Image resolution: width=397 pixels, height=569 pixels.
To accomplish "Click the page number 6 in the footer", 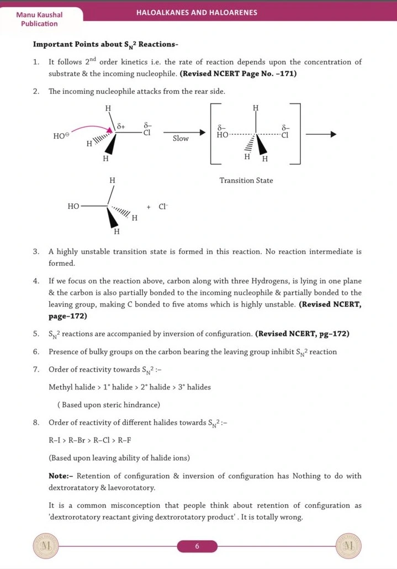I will pos(197,546).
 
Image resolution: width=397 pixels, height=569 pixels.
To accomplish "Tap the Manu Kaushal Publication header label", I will pos(39,19).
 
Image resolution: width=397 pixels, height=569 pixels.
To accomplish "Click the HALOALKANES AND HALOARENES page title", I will pos(197,12).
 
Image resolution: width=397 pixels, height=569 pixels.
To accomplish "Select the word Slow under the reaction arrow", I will pos(181,138).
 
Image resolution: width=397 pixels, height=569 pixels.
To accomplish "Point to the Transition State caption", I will pos(246,181).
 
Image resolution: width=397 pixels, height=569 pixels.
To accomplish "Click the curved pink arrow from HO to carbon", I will pos(91,128).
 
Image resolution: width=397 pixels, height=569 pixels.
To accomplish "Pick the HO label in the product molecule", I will pos(73,207).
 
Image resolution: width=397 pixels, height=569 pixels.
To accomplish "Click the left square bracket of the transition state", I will pos(213,133).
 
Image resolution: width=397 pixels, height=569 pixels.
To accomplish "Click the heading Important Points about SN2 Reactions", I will pos(105,44).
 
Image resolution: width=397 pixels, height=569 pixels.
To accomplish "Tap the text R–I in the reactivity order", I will pos(55,440).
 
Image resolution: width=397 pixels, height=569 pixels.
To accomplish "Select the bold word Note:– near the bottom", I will pos(61,476).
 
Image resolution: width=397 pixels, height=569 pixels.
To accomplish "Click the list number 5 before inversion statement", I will pos(36,334).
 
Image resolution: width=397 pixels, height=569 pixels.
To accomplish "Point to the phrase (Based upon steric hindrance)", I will pos(109,405).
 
